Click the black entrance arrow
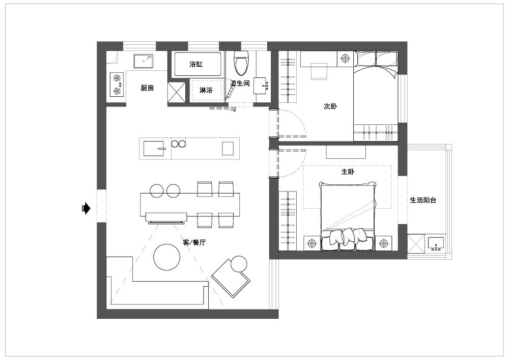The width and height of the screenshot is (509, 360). pyautogui.click(x=86, y=208)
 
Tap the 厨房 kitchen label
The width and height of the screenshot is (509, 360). pyautogui.click(x=147, y=88)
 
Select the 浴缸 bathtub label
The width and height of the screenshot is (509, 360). pyautogui.click(x=196, y=64)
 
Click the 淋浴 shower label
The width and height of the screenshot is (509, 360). pyautogui.click(x=206, y=90)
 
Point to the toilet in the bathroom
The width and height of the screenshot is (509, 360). pyautogui.click(x=241, y=63)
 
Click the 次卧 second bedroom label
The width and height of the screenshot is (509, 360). pyautogui.click(x=330, y=106)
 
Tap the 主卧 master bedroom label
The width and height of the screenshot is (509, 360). pyautogui.click(x=348, y=172)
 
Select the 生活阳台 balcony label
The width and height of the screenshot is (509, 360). pyautogui.click(x=423, y=200)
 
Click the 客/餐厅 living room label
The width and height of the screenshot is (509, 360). pyautogui.click(x=194, y=242)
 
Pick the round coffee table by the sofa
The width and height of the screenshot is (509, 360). pyautogui.click(x=167, y=257)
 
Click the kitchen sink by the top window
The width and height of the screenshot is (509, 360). pyautogui.click(x=144, y=61)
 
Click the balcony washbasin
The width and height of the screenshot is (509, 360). pyautogui.click(x=436, y=244)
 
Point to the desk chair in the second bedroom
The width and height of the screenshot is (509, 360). pyautogui.click(x=319, y=71)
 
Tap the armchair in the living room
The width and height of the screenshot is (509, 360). pyautogui.click(x=231, y=276)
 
